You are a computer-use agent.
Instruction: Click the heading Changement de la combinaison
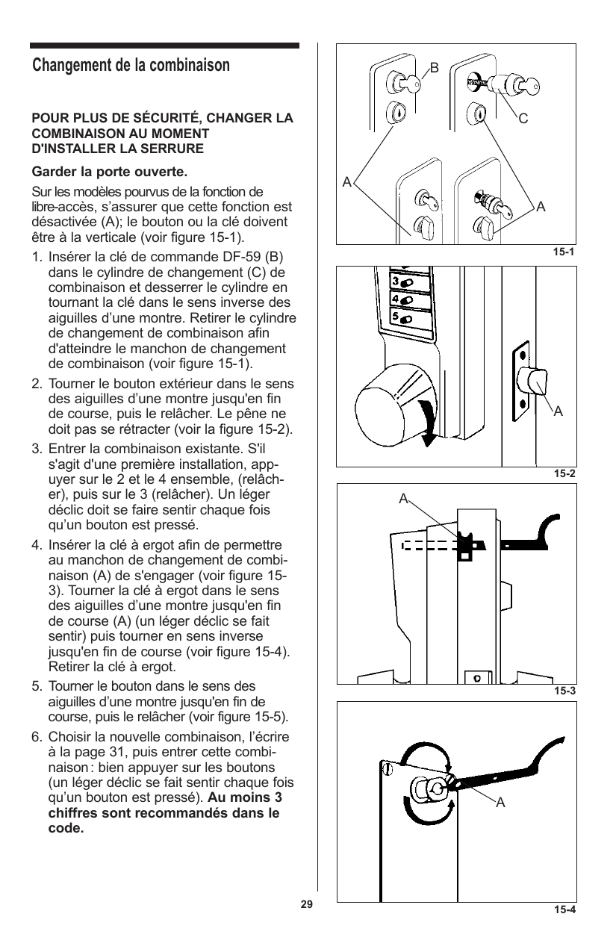coord(131,65)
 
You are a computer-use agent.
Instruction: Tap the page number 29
coord(306,904)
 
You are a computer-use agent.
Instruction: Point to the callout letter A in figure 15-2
coord(557,411)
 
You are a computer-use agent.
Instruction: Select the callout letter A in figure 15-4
coord(500,803)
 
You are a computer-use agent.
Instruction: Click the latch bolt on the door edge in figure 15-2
coord(538,382)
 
